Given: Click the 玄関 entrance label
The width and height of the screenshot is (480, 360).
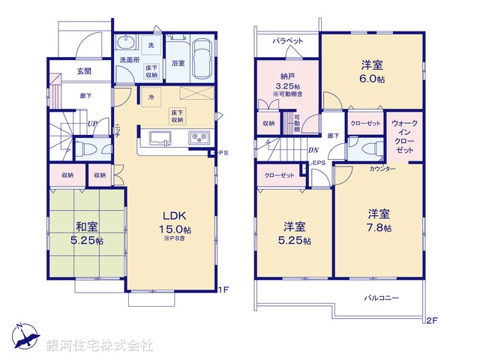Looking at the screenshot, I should coord(83,71).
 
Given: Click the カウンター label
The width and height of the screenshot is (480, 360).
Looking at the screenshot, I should coord(382,169).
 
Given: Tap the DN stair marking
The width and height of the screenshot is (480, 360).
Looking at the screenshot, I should coord(312,150).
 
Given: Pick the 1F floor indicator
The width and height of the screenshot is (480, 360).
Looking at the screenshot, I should coord(223,289).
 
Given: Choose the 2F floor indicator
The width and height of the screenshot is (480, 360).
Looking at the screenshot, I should coord(430,320).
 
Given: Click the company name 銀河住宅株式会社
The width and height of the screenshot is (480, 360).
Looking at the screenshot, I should coord(100,346).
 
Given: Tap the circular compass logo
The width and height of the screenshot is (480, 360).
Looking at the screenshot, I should coord(25,336).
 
